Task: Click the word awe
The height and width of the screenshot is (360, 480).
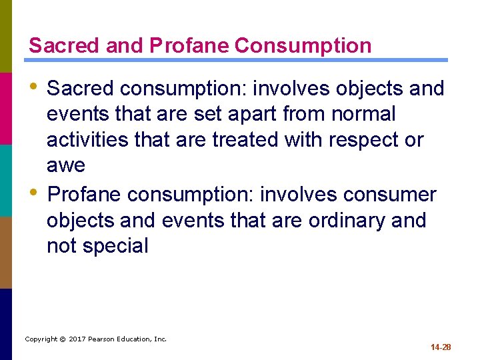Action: (x=65, y=165)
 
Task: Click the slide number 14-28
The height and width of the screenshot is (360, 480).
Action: (x=441, y=347)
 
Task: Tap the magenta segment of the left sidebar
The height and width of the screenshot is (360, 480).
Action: (x=6, y=108)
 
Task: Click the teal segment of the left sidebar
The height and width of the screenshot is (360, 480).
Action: (x=6, y=180)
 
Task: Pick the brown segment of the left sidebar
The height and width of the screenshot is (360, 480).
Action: (x=6, y=252)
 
